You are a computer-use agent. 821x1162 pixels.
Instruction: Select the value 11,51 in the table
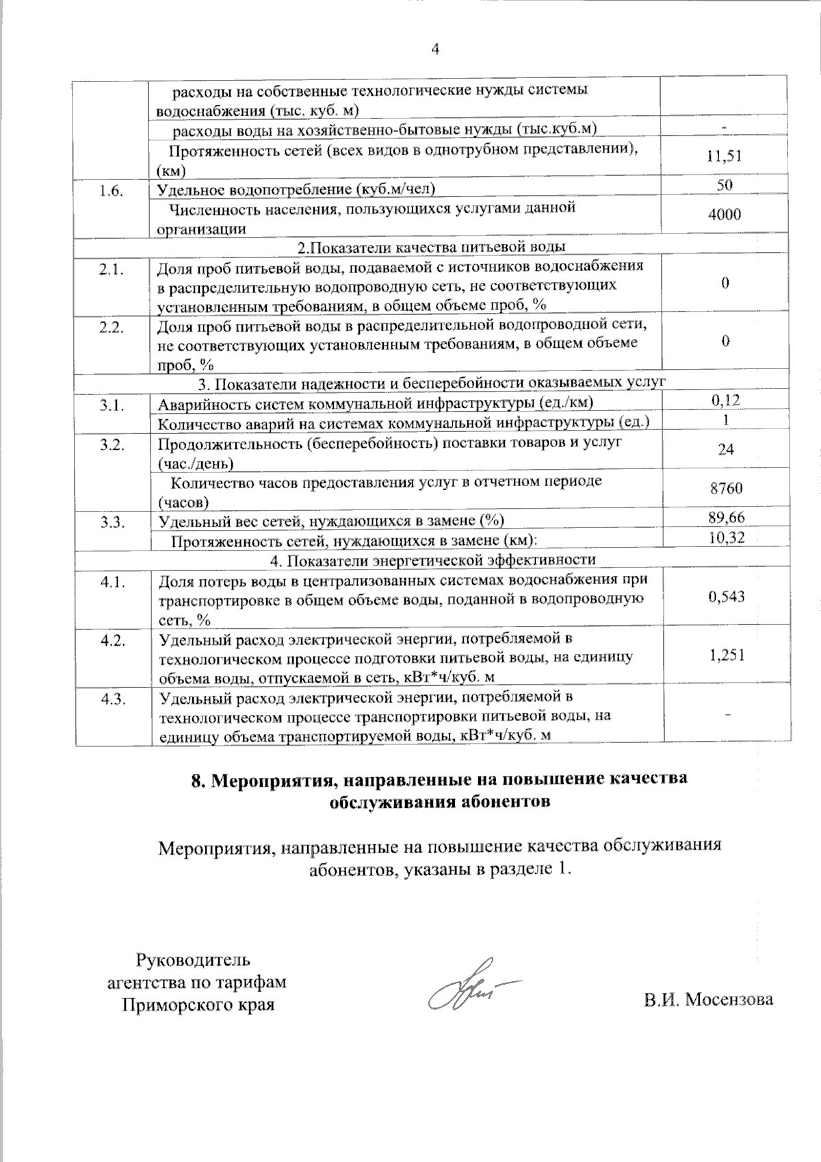[725, 156]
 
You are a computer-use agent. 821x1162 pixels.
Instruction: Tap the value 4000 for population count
[725, 215]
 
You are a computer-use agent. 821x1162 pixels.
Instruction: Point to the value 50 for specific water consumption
[725, 185]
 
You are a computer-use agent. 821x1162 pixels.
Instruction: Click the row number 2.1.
[112, 270]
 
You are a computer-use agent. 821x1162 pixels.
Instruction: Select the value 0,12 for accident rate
[725, 401]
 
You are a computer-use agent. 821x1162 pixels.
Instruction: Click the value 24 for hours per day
[725, 450]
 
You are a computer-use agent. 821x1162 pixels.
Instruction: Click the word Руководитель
[194, 960]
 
